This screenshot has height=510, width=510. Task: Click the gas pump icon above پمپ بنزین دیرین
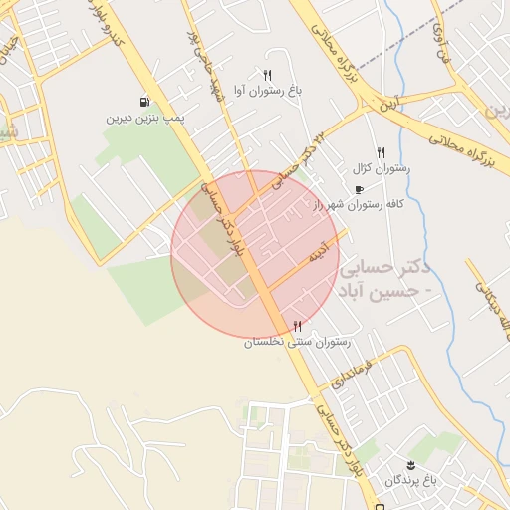145,102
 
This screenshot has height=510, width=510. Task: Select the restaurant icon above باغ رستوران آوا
267,76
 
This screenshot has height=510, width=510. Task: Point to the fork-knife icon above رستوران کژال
381,154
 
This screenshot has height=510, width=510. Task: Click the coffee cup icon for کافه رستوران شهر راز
359,189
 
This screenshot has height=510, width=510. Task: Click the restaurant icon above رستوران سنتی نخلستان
297,327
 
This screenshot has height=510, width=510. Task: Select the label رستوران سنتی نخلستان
297,342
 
